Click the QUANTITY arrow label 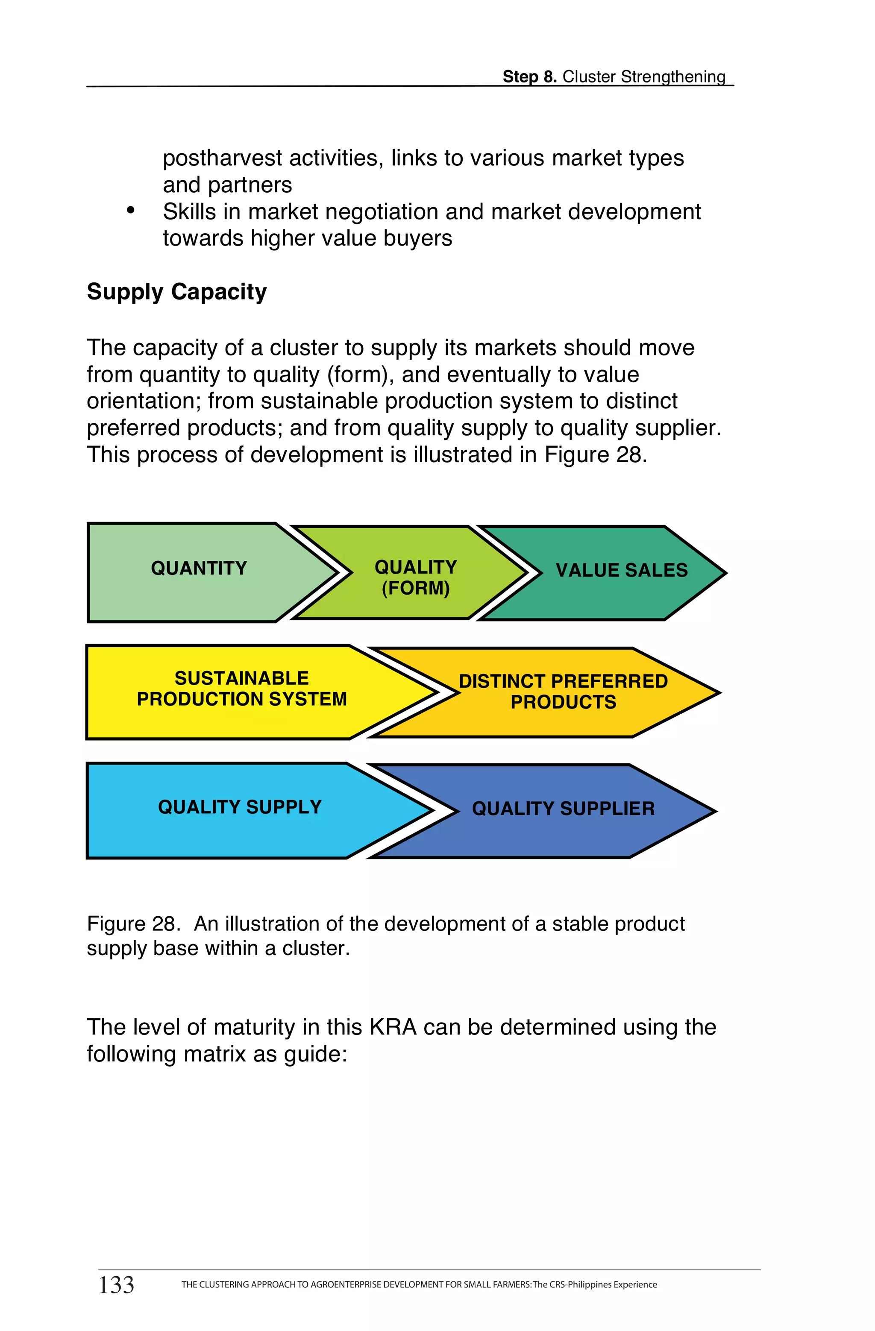[x=199, y=568]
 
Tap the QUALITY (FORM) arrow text [x=416, y=577]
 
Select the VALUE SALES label [x=622, y=570]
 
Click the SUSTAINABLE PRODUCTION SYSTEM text [x=242, y=689]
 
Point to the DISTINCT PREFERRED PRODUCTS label [x=564, y=691]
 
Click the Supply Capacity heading [x=177, y=292]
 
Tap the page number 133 [x=116, y=1284]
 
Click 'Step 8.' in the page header [x=529, y=76]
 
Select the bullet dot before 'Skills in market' [x=131, y=210]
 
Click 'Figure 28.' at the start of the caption [x=133, y=924]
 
